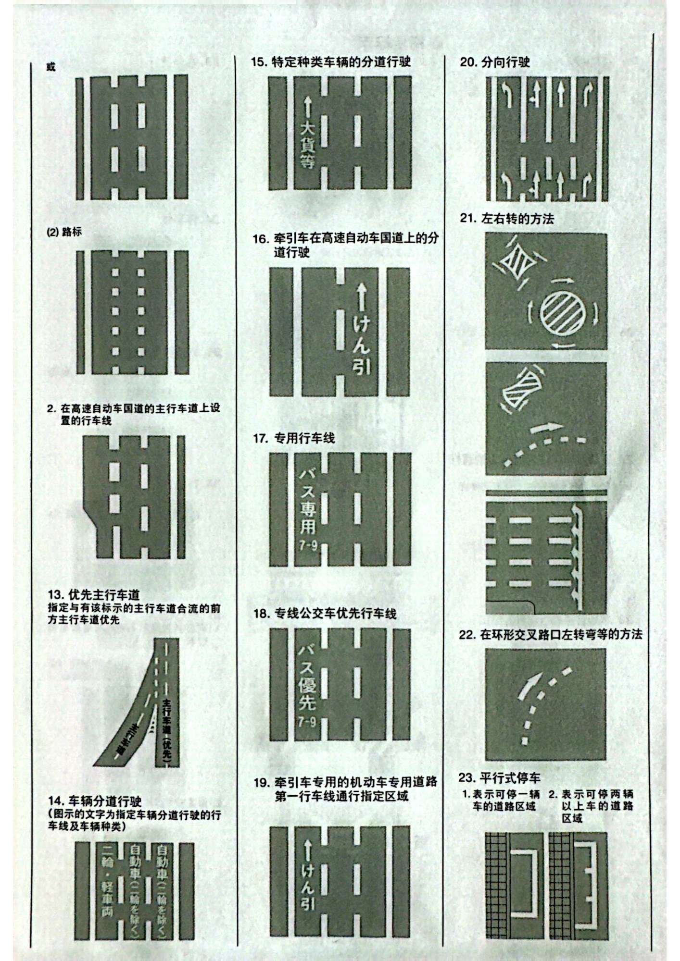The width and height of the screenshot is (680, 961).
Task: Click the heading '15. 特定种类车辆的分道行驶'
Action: coord(331,62)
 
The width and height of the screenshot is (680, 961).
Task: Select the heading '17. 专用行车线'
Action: coord(294,438)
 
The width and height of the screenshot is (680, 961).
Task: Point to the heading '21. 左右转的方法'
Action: coord(507,219)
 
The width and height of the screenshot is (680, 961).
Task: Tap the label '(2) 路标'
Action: coord(64,232)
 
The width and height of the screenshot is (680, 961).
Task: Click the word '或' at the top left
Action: coord(51,67)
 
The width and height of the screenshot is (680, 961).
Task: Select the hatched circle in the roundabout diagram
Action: coord(564,314)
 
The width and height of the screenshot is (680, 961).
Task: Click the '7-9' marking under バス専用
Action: coord(307,546)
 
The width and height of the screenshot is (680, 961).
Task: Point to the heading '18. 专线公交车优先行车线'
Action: coord(325,613)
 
